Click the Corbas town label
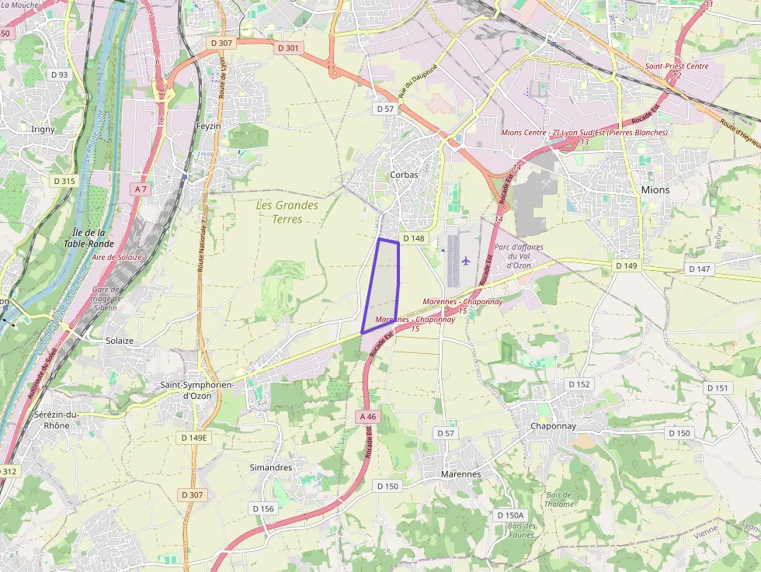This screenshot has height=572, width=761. click(404, 175)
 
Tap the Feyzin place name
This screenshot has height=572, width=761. click(208, 126)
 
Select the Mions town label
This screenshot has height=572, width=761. click(655, 189)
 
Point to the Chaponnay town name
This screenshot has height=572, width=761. click(553, 426)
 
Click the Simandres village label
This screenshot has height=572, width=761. click(271, 467)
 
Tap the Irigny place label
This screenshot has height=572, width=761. click(43, 129)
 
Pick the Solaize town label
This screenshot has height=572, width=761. click(120, 341)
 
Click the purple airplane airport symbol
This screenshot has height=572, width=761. click(465, 260)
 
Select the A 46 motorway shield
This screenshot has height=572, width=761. click(368, 417)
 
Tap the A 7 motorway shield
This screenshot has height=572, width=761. click(140, 189)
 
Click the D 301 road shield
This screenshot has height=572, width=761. click(287, 48)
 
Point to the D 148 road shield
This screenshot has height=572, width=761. click(414, 238)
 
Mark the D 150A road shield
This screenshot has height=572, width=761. click(511, 515)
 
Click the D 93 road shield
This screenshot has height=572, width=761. click(59, 75)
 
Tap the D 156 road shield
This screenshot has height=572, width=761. click(263, 508)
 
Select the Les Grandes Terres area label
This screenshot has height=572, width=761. click(287, 212)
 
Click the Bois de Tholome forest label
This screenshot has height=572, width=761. click(559, 499)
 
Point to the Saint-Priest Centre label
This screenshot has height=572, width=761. click(676, 66)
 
